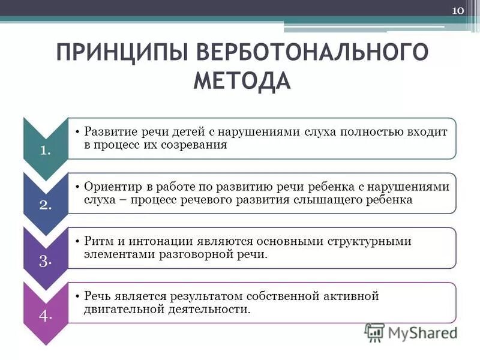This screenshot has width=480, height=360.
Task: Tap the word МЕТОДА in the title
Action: click(x=242, y=80)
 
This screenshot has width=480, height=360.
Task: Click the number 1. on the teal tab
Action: click(x=45, y=150)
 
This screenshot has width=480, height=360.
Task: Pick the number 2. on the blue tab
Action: click(x=45, y=204)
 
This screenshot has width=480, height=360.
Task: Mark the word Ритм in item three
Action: click(x=97, y=241)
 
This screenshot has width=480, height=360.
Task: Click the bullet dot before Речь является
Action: click(x=79, y=296)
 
